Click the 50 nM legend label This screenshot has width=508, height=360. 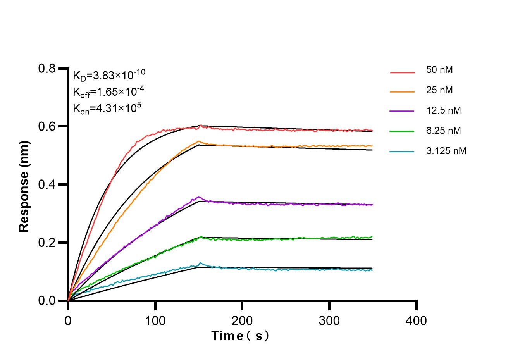point(439,70)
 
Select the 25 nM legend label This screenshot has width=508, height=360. point(439,90)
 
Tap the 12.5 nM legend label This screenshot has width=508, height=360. point(443,110)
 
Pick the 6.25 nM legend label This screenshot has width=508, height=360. point(443,131)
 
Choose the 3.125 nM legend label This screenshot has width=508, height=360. point(446,151)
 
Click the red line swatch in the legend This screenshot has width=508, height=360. point(402,72)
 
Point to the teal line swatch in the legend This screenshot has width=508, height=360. point(402,151)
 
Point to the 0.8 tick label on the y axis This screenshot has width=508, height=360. point(46,69)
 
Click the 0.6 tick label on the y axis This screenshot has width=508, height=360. point(46,127)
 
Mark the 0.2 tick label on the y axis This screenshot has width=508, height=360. point(46,243)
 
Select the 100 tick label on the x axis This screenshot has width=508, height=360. point(155,321)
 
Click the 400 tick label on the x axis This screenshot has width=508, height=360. point(417,321)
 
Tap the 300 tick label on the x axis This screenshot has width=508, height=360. point(329,321)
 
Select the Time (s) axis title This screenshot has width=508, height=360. point(240,336)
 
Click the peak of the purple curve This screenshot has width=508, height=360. point(199,197)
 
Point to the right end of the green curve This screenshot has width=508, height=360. point(372,236)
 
